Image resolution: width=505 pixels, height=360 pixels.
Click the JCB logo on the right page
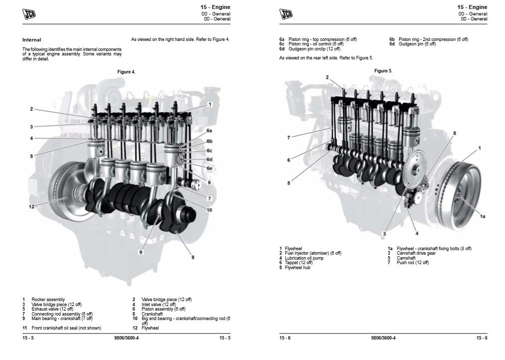[286, 13]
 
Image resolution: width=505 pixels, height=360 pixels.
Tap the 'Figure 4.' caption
[126, 72]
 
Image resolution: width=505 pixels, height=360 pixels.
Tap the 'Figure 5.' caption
[383, 71]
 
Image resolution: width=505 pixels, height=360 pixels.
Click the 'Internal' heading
[31, 39]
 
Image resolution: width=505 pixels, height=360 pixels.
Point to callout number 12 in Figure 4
[31, 206]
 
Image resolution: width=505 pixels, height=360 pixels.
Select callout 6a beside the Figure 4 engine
[210, 130]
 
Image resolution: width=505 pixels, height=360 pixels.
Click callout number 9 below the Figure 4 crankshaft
[141, 252]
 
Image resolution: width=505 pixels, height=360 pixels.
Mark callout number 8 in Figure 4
[193, 257]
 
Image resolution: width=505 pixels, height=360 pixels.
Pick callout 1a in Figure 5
[483, 216]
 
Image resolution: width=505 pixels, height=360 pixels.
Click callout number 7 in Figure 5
[288, 137]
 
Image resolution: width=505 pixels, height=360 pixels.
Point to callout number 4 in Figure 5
[417, 233]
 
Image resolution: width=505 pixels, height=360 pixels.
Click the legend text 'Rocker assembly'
[48, 300]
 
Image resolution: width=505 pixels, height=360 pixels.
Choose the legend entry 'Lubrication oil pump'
[304, 258]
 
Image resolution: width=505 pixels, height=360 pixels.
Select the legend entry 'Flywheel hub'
[298, 268]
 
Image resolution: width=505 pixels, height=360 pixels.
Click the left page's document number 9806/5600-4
[126, 339]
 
